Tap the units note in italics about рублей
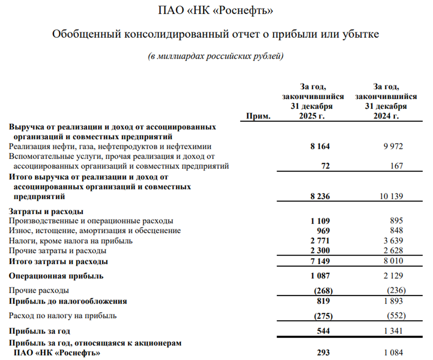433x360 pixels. coord(216,56)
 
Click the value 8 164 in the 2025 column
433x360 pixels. coord(321,146)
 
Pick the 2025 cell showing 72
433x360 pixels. coord(325,166)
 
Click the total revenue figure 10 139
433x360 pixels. coord(390,196)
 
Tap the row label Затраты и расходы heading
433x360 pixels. coord(46,211)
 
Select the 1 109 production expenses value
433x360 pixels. coord(321,221)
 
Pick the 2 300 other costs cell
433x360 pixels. coord(321,251)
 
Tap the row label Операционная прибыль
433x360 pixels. coord(56,276)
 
